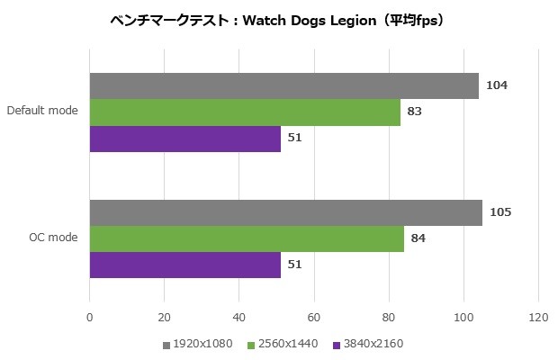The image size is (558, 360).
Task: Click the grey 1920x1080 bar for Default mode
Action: coord(283,85)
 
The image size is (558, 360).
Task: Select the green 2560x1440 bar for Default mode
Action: coord(245,112)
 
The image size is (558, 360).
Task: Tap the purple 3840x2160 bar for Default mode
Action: coord(184,139)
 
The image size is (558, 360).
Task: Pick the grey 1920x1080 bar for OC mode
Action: coord(285,212)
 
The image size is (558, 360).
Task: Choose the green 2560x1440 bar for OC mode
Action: coord(247,238)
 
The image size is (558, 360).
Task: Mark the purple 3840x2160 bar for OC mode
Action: coord(184,265)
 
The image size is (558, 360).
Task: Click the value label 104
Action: coord(498,85)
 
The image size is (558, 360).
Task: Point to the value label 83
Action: coord(415,112)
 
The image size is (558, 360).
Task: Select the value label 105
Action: coord(501,212)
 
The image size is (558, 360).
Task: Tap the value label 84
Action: coord(418,238)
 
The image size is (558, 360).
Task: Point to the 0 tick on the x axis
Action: coord(89,317)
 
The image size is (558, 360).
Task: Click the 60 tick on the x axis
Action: coord(313,317)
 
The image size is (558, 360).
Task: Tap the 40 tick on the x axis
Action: coord(238,317)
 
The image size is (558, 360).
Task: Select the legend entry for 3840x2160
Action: coord(370,345)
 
